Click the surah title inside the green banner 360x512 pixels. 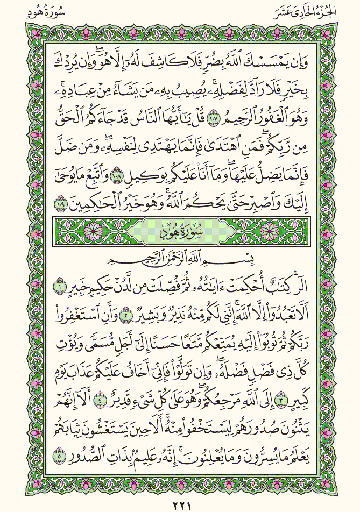(179, 233)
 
